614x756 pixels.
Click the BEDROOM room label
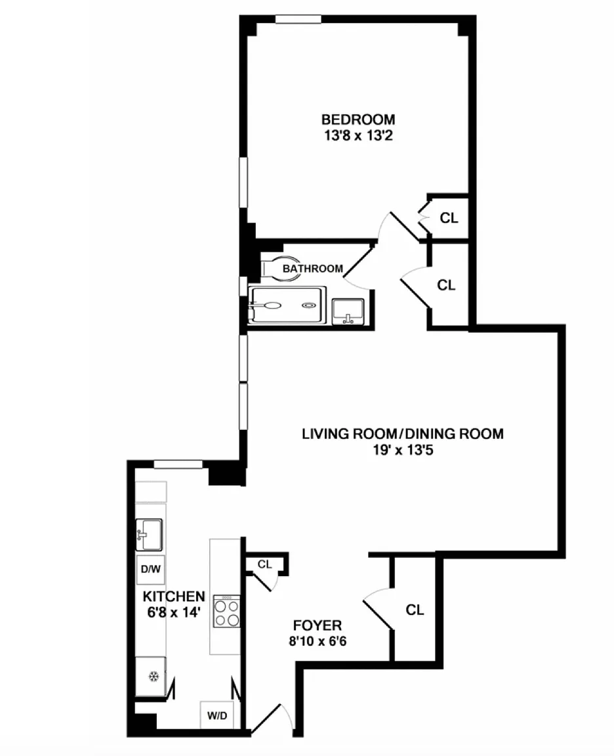point(358,119)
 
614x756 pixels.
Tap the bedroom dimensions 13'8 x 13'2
point(358,135)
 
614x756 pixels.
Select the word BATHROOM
point(313,268)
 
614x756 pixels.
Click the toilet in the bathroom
point(278,268)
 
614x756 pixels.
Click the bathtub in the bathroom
point(287,305)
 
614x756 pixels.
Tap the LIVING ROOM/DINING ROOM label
point(402,433)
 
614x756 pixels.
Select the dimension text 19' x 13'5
point(403,450)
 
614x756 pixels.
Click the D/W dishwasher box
point(150,569)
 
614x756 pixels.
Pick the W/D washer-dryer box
point(217,715)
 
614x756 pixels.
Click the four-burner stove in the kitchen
point(226,611)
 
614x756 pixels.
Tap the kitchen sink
point(149,535)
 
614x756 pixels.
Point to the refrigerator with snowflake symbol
point(151,677)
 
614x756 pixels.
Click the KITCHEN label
point(174,597)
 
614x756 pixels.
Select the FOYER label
point(317,625)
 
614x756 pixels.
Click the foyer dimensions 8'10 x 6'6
point(317,641)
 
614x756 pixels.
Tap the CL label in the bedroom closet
point(449,218)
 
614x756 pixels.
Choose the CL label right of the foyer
point(415,610)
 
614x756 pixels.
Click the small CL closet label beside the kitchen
point(264,564)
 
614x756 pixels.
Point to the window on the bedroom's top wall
point(298,19)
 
